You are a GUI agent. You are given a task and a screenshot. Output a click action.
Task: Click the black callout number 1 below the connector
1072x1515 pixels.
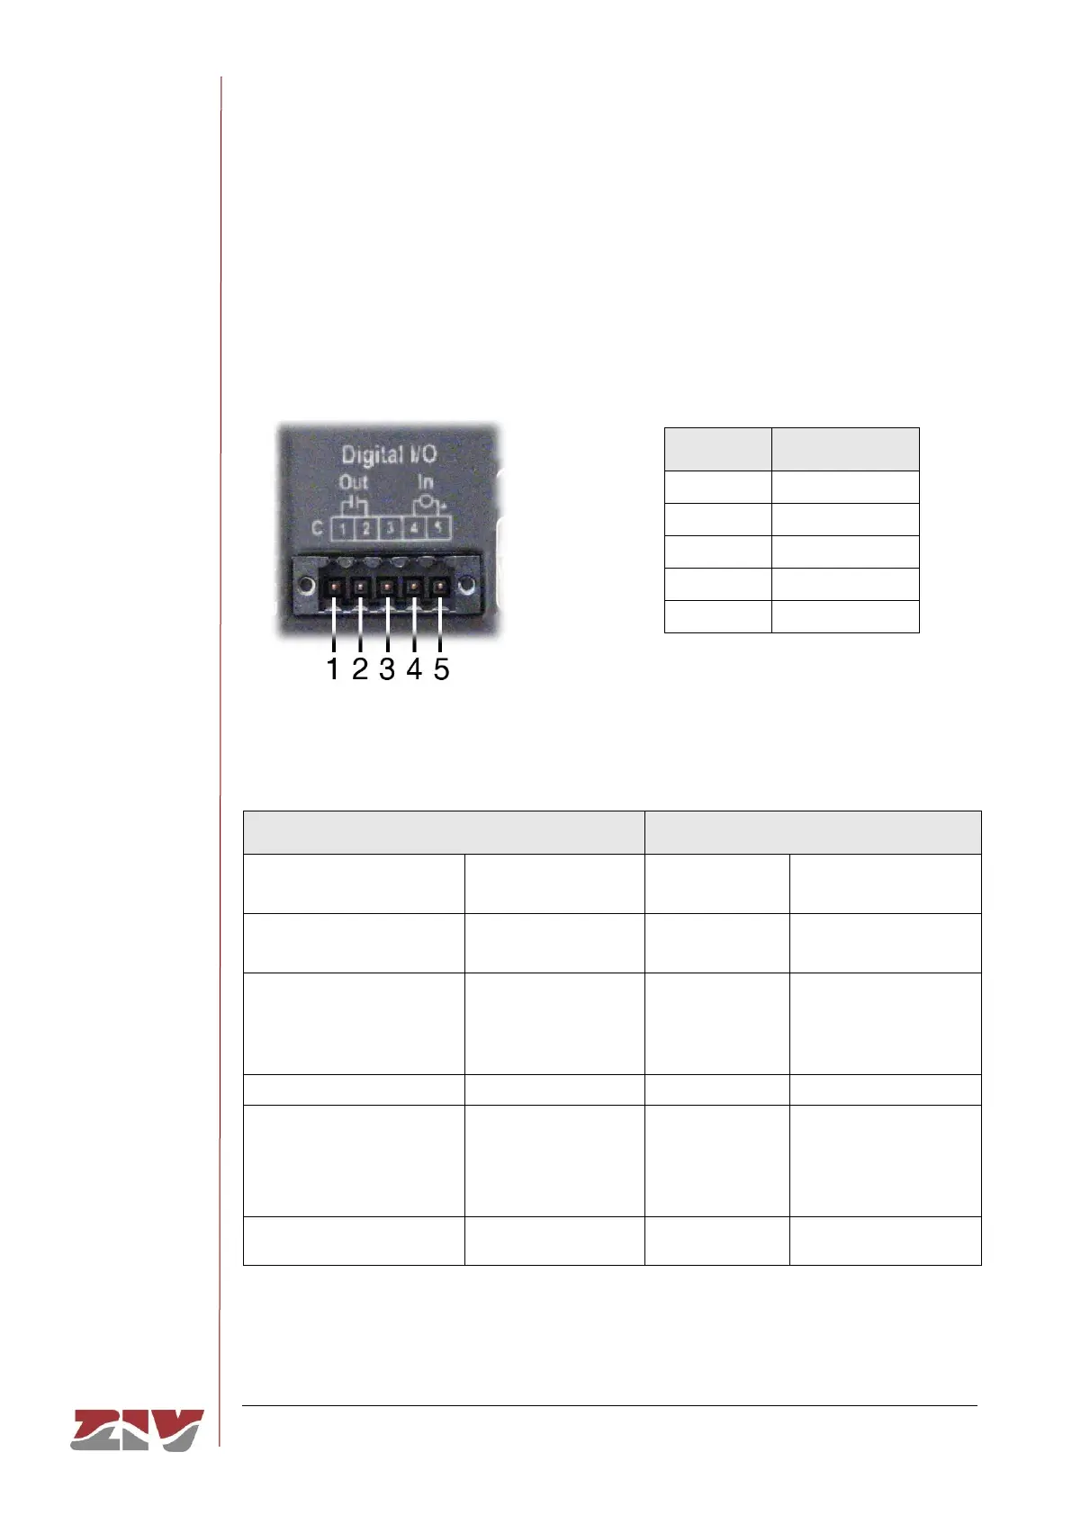tap(333, 669)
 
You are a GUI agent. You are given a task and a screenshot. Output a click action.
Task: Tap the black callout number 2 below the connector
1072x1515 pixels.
tap(360, 669)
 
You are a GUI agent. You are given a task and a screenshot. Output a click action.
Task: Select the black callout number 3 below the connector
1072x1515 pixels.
tap(387, 669)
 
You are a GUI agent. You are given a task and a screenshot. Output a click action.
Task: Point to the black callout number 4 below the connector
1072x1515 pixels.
tap(414, 669)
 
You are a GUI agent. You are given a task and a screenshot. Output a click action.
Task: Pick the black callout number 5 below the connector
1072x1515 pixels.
tap(441, 669)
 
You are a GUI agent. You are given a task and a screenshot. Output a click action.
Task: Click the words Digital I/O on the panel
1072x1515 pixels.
tap(388, 455)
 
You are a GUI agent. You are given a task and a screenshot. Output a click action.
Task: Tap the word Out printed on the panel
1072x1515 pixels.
tap(353, 483)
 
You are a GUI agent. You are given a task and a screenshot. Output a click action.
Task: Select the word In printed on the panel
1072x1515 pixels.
tap(425, 483)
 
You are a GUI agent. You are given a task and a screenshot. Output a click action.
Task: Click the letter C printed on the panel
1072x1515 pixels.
tap(317, 528)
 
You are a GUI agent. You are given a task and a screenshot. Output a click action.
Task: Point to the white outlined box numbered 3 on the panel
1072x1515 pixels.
tap(390, 528)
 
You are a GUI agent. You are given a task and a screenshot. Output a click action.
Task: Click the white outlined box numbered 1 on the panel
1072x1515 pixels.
tap(342, 528)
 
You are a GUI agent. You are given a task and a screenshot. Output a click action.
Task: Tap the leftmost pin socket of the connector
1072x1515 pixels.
tap(334, 588)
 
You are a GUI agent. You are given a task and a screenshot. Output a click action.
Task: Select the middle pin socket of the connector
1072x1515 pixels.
tap(387, 588)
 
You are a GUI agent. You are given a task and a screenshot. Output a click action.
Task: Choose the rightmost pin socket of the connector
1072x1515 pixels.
tap(440, 588)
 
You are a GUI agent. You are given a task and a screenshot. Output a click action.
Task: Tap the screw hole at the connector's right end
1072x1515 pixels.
tap(466, 587)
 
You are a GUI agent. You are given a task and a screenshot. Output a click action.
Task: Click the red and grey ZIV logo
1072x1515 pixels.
tap(137, 1430)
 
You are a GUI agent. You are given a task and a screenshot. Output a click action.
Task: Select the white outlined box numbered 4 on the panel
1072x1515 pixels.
tap(414, 528)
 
